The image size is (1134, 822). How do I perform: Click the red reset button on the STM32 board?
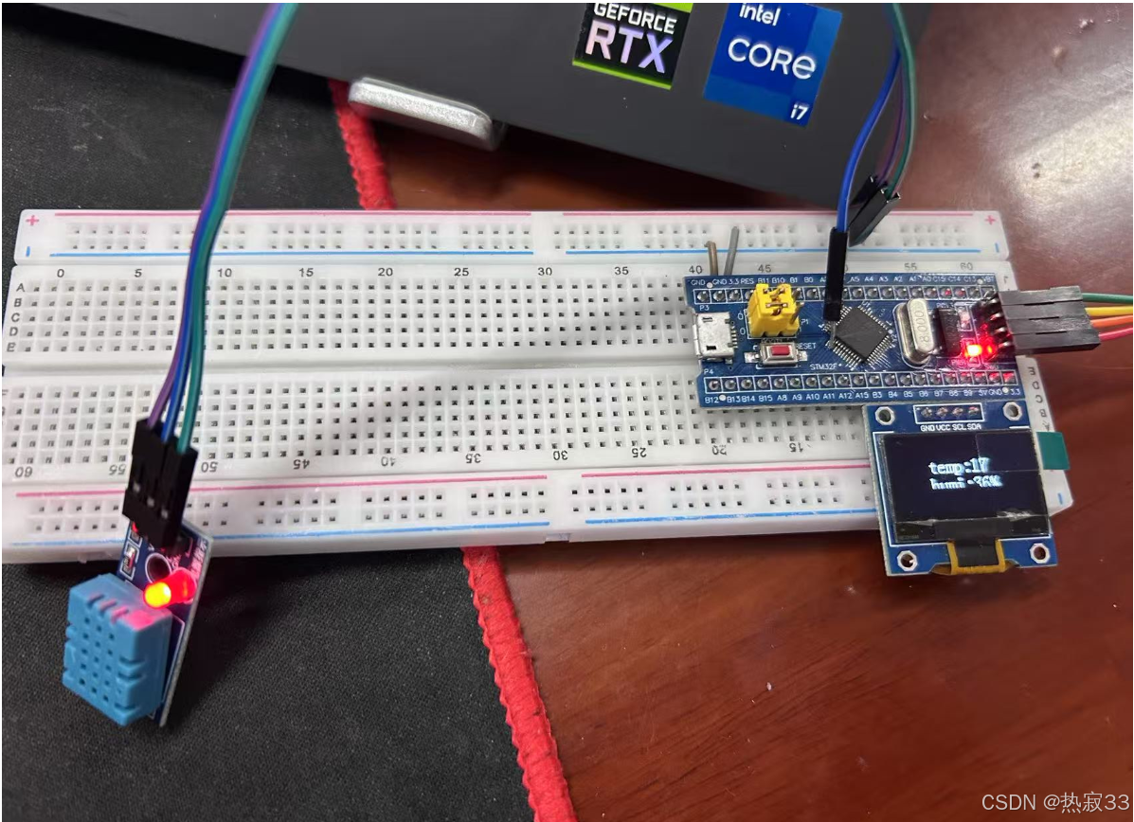coord(782,354)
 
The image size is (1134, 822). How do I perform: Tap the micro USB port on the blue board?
coord(711,338)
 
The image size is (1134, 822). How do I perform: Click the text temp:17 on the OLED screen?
coord(959,467)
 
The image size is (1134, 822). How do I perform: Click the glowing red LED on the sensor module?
coord(157,594)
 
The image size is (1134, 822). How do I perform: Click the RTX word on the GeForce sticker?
coord(626,52)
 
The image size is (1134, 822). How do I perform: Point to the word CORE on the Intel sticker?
coord(771,60)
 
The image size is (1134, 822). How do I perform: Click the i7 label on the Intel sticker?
coord(801,112)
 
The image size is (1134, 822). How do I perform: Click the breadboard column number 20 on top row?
coord(385,272)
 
